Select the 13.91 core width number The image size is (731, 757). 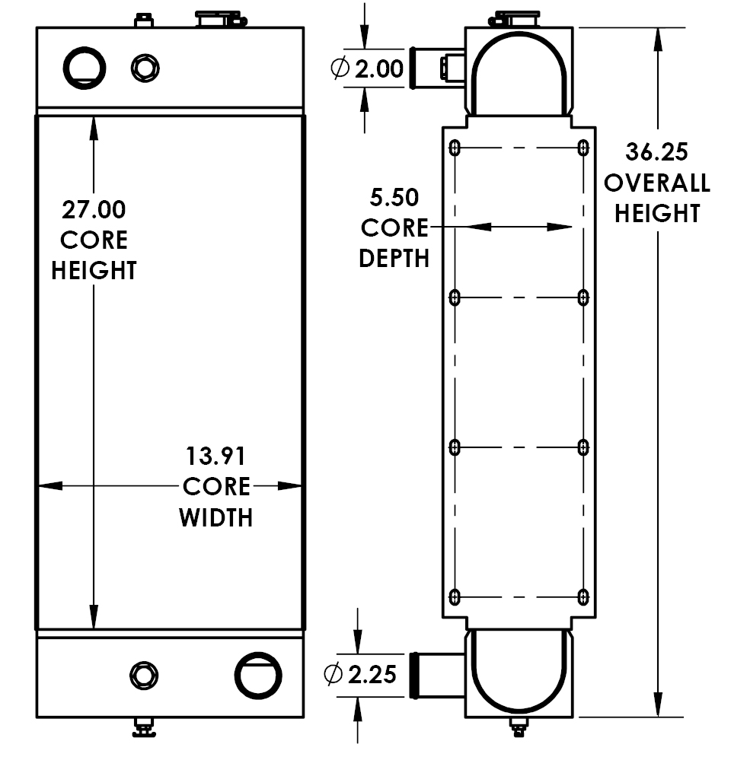tap(216, 456)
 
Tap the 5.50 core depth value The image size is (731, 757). tap(394, 198)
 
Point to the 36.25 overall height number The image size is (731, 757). tap(656, 152)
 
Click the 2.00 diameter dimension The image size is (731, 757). tap(378, 69)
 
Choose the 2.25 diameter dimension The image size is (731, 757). tap(372, 673)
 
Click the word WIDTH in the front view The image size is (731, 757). tap(216, 518)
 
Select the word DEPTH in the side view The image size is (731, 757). tap(394, 258)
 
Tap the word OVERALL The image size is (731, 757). tap(656, 183)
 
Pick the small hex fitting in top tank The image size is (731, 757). tap(144, 68)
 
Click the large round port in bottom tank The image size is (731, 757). tap(258, 674)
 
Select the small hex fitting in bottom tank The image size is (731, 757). tap(144, 674)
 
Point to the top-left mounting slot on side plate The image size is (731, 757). tap(455, 148)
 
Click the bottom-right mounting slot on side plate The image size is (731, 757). tap(583, 596)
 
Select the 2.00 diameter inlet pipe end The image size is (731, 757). tap(415, 67)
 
